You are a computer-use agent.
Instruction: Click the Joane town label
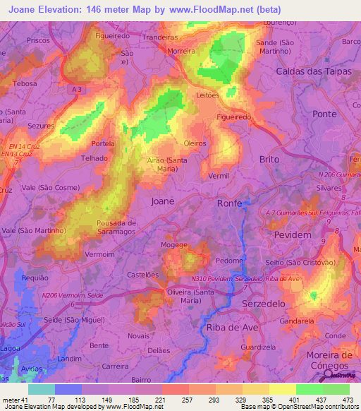163,201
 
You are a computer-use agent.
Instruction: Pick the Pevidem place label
290,234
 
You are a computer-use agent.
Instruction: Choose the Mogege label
174,245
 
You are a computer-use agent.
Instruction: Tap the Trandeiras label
160,37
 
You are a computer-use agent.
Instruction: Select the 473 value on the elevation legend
346,399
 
